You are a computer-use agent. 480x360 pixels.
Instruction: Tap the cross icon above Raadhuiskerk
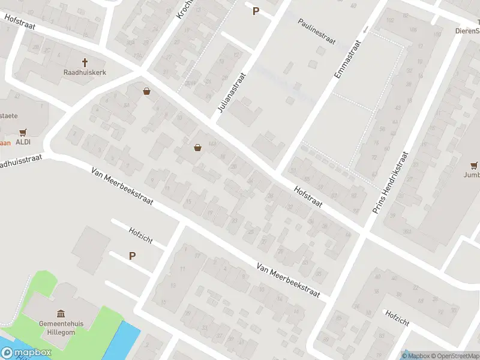coord(85,62)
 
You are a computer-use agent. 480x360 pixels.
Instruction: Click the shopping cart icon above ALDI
coord(23,132)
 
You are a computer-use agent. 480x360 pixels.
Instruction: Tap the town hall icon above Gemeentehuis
coord(61,314)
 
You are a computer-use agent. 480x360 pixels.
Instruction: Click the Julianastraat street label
coord(230,95)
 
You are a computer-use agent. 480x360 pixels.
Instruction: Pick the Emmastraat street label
coord(348,61)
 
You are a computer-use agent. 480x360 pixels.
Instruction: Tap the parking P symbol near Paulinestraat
coord(256,11)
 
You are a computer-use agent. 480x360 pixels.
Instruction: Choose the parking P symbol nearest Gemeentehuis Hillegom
coord(132,256)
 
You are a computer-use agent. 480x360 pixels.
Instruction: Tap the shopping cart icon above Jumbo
coord(475,166)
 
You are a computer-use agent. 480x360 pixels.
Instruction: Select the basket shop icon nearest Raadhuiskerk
coord(146,92)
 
